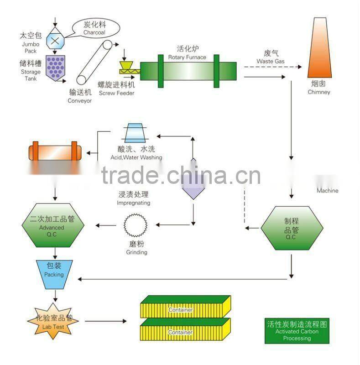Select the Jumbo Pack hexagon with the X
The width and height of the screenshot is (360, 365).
tap(55, 40)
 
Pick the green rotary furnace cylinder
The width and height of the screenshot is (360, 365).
tap(188, 71)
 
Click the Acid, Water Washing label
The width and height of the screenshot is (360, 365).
tap(136, 153)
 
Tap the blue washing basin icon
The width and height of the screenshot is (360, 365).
tap(136, 133)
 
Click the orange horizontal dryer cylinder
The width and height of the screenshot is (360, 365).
tap(55, 151)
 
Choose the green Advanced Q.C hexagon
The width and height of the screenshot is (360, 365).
tap(54, 224)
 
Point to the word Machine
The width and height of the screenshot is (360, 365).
tap(327, 190)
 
